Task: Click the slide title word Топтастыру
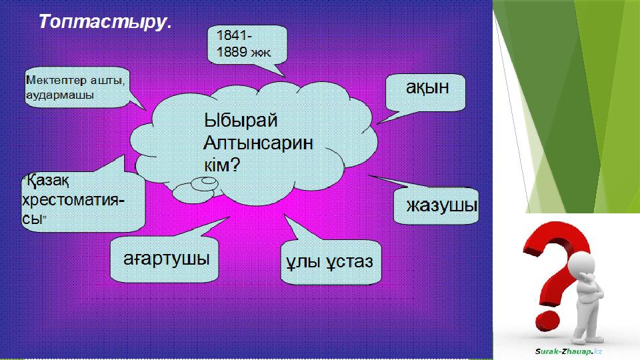point(103,22)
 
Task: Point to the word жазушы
point(442,205)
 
